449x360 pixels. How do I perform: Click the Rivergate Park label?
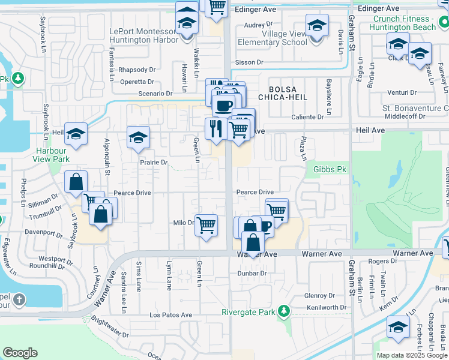(249, 311)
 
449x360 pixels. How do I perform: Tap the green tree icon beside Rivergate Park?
(283, 311)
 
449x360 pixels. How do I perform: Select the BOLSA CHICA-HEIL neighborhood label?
(283, 92)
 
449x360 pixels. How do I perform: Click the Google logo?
(20, 353)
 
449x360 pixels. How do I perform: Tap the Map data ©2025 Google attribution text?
(412, 355)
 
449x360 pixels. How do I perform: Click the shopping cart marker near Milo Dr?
(206, 226)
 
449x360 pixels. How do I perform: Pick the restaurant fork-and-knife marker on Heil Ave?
(215, 128)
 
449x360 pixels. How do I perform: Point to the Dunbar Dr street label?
(252, 273)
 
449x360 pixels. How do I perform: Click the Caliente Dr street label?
(316, 117)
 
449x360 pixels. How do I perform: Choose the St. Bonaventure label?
(415, 108)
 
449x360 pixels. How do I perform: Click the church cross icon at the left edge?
(19, 299)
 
